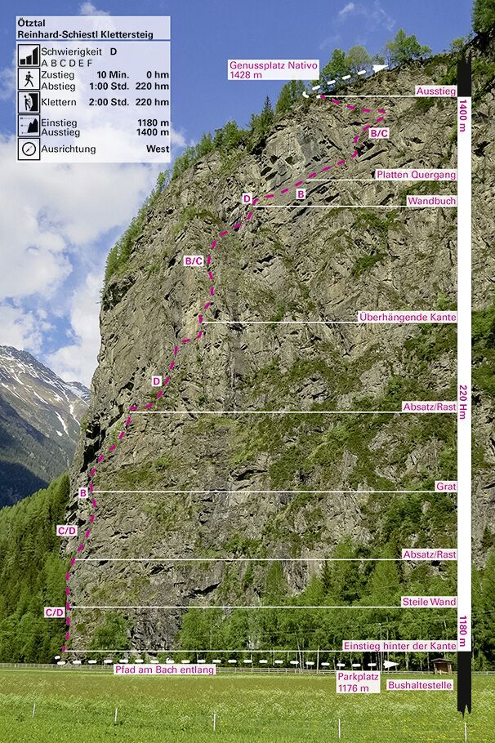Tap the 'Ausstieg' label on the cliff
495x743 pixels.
(435, 91)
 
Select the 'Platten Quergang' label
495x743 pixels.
(416, 175)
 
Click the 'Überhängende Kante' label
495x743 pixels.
(407, 316)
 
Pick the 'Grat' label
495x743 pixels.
(446, 486)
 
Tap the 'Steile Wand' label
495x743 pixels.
(428, 602)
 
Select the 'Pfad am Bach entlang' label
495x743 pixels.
(164, 670)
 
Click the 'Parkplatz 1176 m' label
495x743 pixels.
(353, 682)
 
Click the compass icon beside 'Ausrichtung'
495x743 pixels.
(29, 149)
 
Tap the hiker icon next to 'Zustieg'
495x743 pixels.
(29, 79)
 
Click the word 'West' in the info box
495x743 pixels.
(158, 149)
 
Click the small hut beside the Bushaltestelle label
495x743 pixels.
(442, 665)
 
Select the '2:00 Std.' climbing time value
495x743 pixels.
(112, 102)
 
